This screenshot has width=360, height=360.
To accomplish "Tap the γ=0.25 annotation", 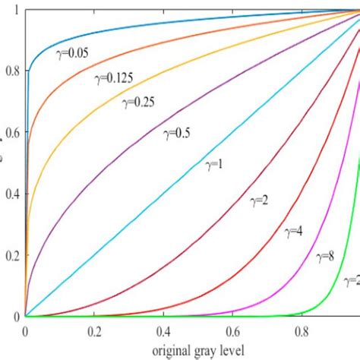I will pyautogui.click(x=141, y=103).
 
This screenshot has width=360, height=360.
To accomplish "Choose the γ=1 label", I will pyautogui.click(x=216, y=164).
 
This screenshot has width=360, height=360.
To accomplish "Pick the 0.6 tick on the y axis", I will pyautogui.click(x=11, y=133).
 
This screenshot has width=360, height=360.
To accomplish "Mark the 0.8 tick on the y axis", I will pyautogui.click(x=11, y=71).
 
